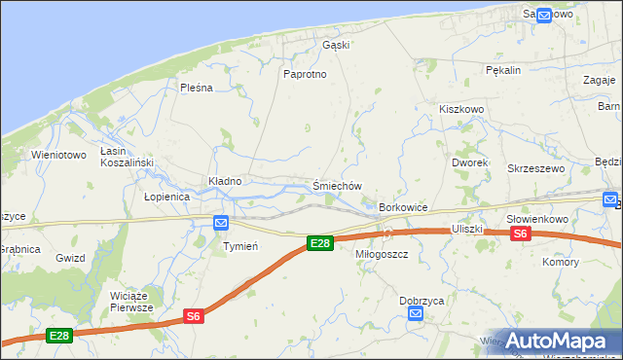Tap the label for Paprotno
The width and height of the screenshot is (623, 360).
pos(302,74)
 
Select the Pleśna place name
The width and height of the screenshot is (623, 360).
pos(196,88)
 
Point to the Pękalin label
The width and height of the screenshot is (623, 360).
pos(504,70)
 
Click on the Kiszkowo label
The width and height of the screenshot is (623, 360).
pos(461,110)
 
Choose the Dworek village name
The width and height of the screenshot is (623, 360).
pos(470,162)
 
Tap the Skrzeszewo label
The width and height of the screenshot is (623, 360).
pos(535,168)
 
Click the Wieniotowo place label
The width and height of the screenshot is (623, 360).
pos(58,155)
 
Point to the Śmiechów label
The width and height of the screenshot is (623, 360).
pos(338,186)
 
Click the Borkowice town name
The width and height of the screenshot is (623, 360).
pos(404,207)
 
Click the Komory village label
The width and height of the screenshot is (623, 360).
pos(561,262)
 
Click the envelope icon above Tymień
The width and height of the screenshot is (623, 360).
pos(222,223)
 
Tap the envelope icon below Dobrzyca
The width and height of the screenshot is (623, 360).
pos(416,313)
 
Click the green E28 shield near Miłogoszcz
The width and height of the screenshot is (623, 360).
pos(319,243)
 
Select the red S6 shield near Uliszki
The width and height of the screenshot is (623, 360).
pos(521,234)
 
